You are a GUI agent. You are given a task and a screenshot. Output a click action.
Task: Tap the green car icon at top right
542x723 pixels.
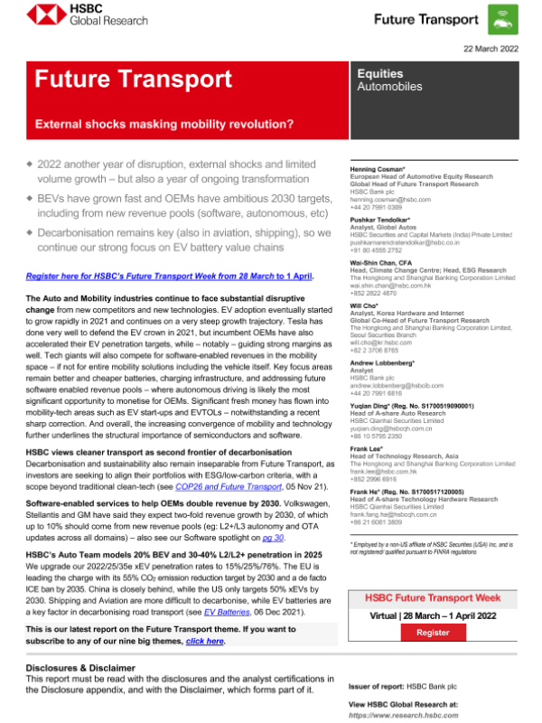tap(501, 19)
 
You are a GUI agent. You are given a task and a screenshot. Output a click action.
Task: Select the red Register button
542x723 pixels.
tap(432, 633)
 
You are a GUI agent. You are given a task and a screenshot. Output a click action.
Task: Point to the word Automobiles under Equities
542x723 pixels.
tap(389, 88)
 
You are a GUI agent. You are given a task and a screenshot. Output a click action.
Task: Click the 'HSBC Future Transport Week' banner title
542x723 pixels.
tap(432, 598)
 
